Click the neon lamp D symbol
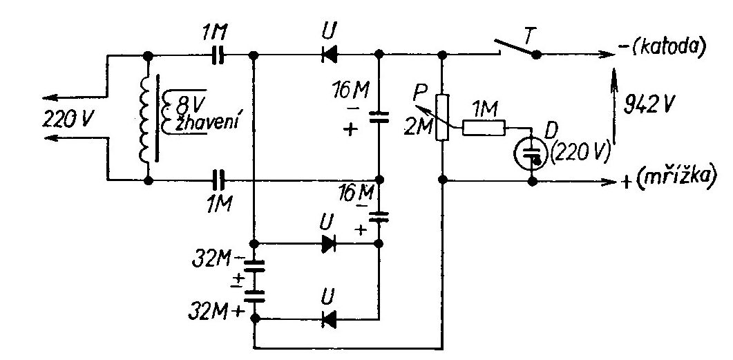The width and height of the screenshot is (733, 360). (x=531, y=155)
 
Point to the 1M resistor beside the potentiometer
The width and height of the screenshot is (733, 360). (x=484, y=128)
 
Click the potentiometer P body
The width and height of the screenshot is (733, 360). (x=442, y=117)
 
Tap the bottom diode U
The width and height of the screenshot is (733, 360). (x=330, y=319)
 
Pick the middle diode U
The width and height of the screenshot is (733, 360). (x=329, y=244)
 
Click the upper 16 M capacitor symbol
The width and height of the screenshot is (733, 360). (x=378, y=116)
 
